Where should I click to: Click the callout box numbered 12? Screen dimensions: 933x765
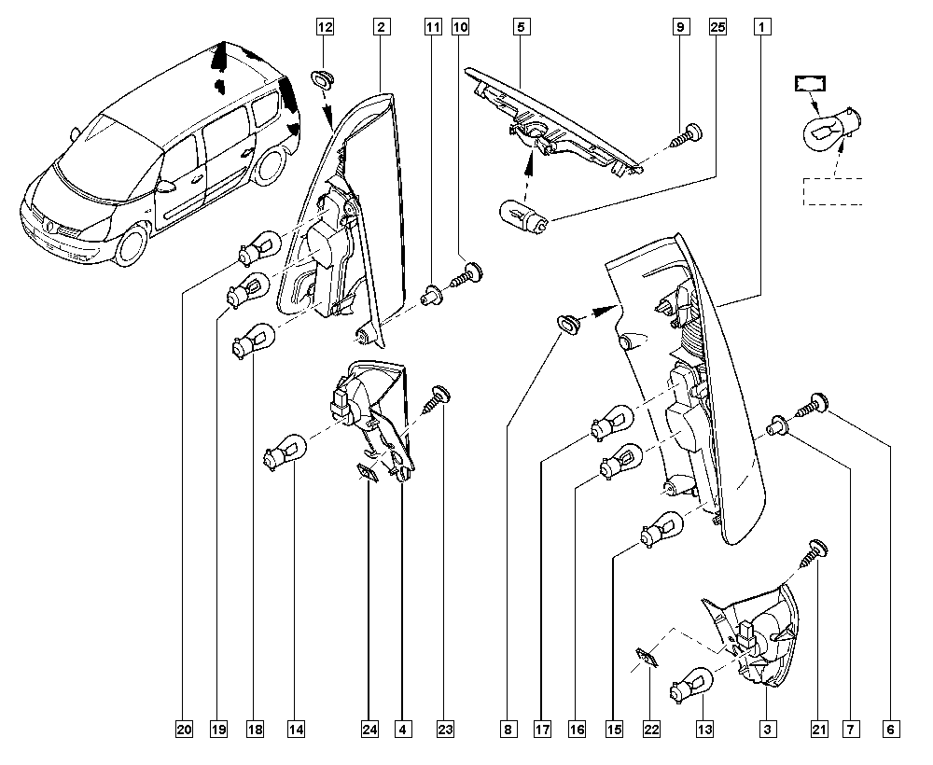[x=325, y=27]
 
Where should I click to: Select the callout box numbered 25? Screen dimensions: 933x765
[x=718, y=27]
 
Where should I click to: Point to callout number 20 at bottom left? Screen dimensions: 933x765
[x=185, y=729]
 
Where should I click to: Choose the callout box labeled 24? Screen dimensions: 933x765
[x=369, y=729]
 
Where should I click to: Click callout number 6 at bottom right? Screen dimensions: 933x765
[x=891, y=729]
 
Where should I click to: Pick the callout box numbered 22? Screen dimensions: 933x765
[x=651, y=729]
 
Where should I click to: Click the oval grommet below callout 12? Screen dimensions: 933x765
[x=323, y=78]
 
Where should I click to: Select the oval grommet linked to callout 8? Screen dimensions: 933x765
[x=568, y=324]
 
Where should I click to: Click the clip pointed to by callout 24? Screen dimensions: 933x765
[x=367, y=473]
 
